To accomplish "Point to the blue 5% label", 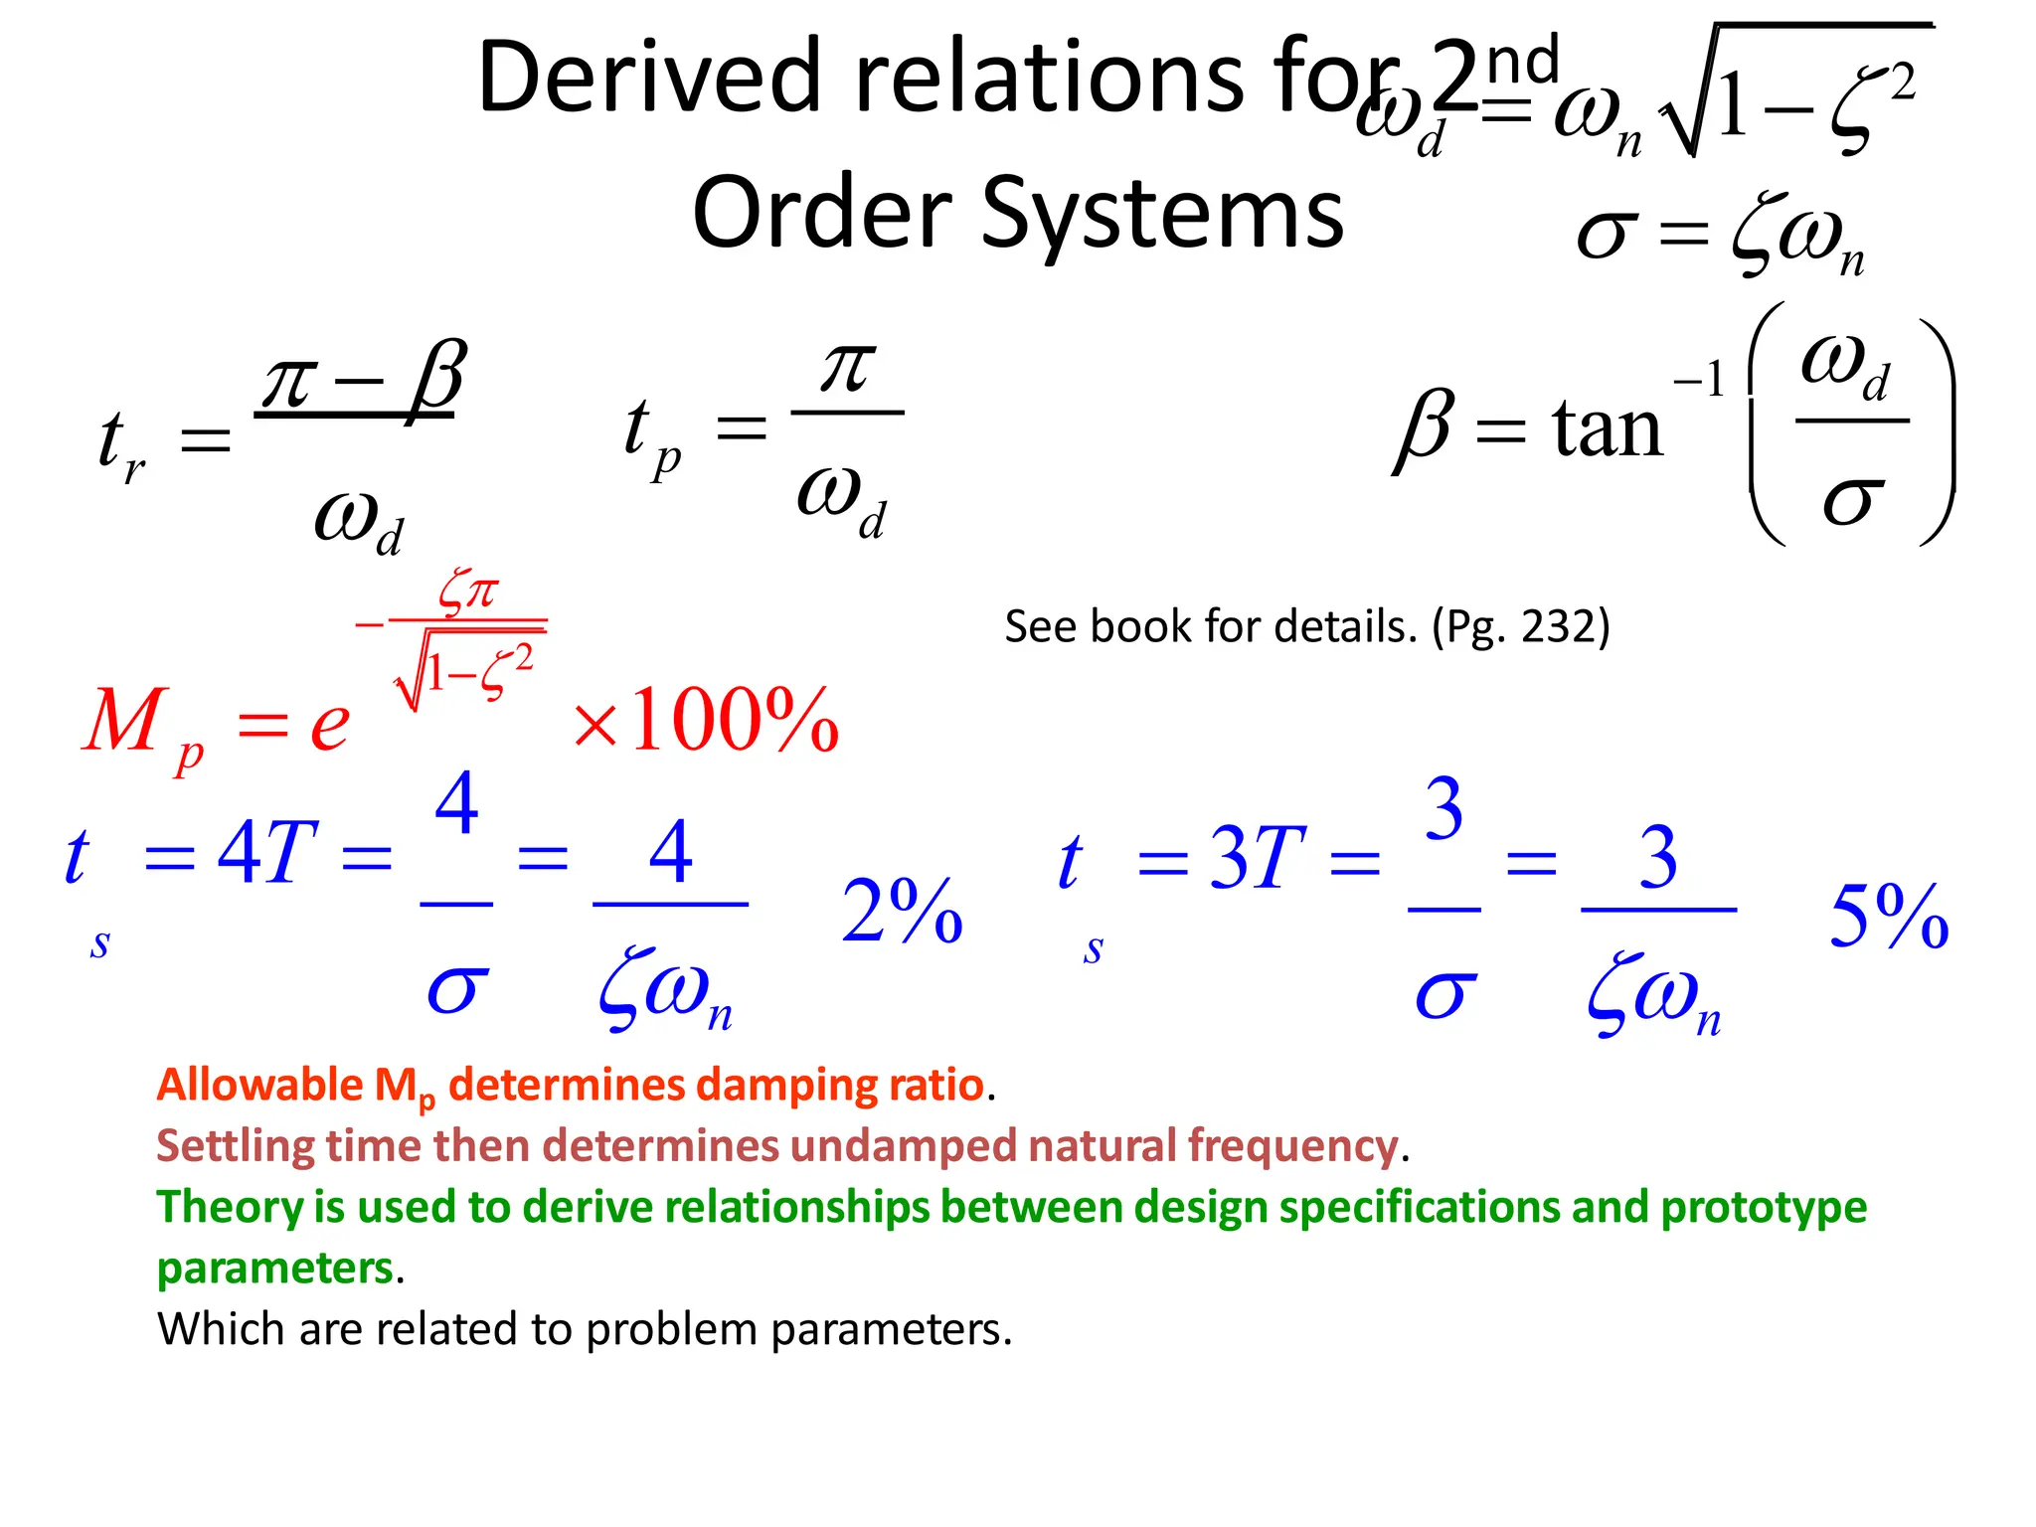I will [1889, 917].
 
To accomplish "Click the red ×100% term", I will [706, 720].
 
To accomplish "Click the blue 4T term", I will [267, 853].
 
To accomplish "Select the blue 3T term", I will [1256, 857].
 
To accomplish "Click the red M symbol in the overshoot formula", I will [123, 720].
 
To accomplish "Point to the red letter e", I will [329, 725].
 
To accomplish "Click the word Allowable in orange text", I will [260, 1085].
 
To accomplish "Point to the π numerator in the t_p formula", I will [847, 368].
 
